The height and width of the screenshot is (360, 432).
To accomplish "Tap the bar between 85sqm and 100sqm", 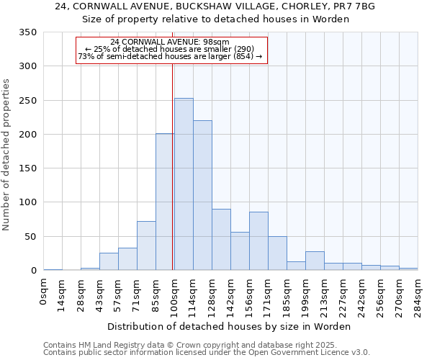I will tap(165, 202).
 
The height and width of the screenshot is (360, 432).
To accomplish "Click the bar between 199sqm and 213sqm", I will tap(315, 261).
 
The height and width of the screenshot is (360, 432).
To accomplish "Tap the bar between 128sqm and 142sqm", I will tap(221, 240).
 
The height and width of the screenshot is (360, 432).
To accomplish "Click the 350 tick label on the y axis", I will tap(28, 32).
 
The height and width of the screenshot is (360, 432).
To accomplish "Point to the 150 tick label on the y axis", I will tap(28, 168).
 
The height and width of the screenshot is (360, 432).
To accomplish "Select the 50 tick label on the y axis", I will tap(31, 237).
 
